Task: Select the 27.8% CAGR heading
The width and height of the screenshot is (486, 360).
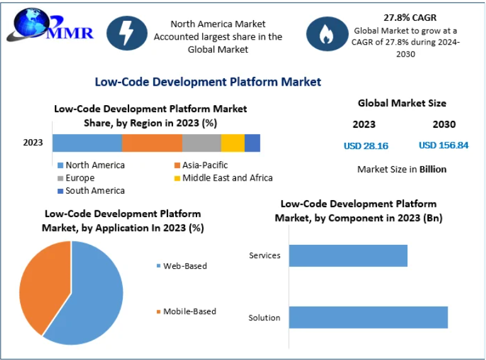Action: point(409,18)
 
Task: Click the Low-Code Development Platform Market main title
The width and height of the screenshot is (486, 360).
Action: point(208,82)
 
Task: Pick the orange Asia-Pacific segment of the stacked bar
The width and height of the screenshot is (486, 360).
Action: point(152,143)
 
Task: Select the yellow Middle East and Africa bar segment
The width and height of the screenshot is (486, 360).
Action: point(232,143)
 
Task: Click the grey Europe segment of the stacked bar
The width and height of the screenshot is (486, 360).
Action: point(201,143)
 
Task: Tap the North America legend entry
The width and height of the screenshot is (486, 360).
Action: point(94,165)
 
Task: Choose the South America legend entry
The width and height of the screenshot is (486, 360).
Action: point(94,190)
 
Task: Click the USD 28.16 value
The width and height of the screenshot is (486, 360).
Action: point(366,146)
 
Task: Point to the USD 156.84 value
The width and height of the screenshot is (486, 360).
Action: point(443,145)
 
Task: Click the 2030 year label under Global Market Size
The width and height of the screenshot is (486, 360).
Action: point(444,125)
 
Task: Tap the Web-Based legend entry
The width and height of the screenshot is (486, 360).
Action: point(184,266)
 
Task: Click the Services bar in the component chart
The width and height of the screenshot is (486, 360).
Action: point(348,256)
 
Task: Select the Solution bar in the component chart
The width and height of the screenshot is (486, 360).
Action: point(368,317)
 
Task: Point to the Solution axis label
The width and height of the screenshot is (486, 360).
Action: point(264,318)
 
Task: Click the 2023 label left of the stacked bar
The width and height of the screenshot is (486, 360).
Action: point(33,142)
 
